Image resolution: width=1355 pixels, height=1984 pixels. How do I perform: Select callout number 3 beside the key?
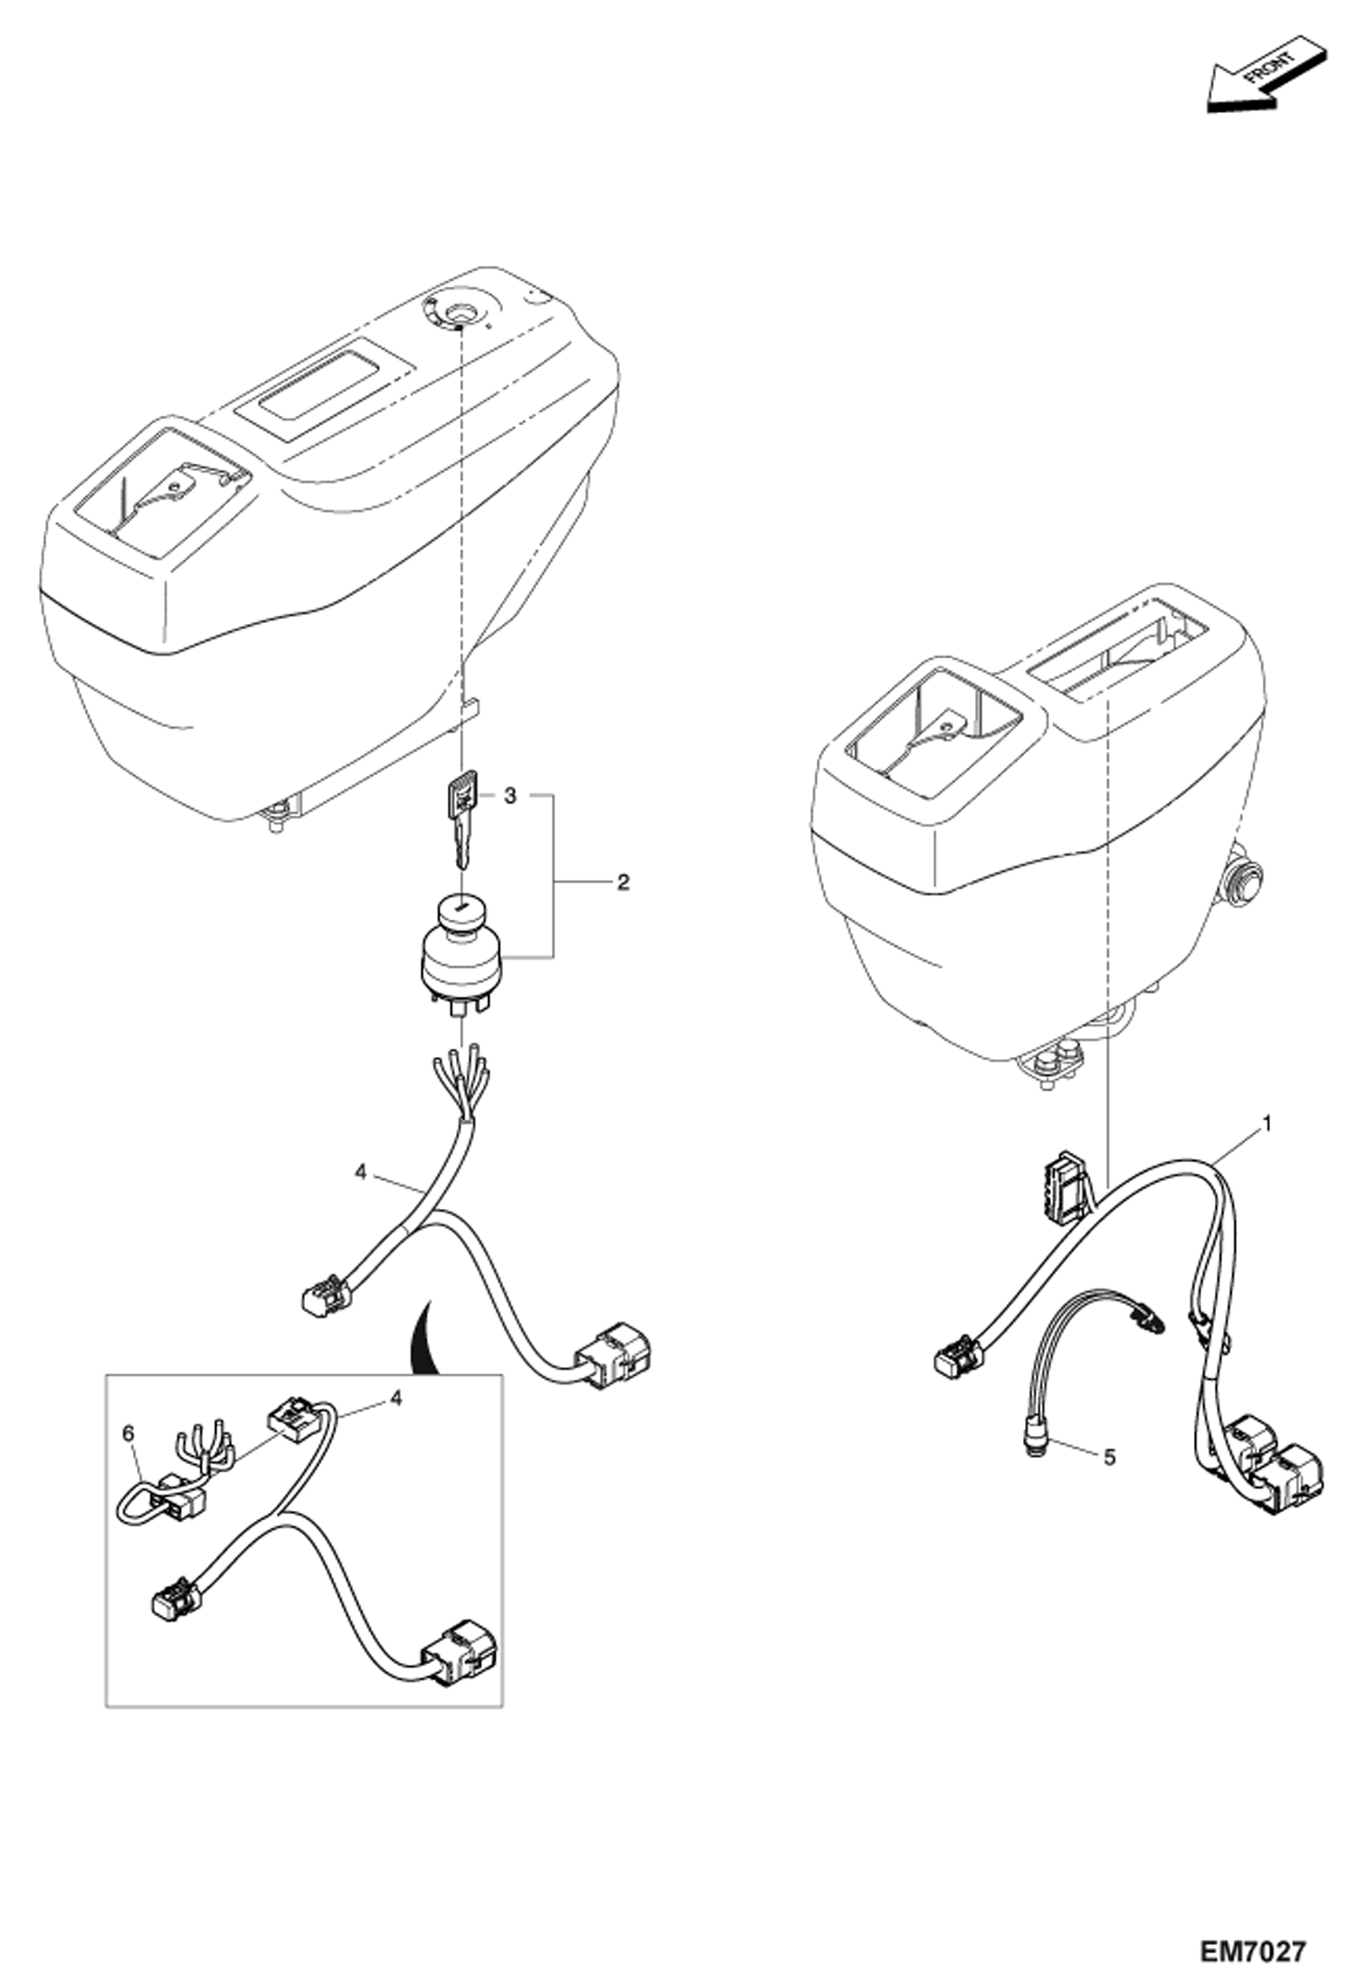510,796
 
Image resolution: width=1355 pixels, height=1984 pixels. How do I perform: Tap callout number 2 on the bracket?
622,883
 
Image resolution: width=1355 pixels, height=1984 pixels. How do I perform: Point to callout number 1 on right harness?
1267,1125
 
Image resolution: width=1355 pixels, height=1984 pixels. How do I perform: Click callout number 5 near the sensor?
1110,1458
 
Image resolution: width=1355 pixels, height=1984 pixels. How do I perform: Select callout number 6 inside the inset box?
128,1433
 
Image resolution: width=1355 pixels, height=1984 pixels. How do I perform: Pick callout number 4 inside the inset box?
395,1398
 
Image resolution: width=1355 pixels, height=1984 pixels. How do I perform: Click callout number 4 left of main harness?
361,1173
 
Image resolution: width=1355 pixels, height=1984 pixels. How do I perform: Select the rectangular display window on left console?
325,379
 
